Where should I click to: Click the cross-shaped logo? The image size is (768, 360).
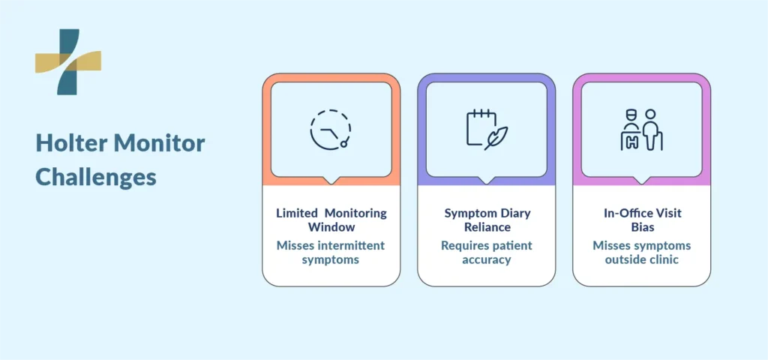click(x=68, y=61)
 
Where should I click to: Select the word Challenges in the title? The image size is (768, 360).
click(x=96, y=177)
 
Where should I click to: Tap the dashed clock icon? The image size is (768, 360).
click(x=331, y=129)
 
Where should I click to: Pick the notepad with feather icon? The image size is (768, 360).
click(x=486, y=129)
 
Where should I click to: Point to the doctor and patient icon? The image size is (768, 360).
click(x=642, y=129)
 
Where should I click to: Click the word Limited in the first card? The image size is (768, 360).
click(x=297, y=214)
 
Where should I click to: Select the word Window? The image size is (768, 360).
click(x=331, y=227)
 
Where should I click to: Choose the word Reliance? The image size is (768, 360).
click(x=487, y=227)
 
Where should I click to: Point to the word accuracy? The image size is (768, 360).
click(x=487, y=260)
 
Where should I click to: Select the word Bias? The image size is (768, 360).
click(x=642, y=227)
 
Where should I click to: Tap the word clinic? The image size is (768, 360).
click(x=664, y=259)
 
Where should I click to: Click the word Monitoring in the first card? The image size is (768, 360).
click(x=356, y=214)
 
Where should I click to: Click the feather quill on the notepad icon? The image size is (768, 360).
click(x=496, y=138)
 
